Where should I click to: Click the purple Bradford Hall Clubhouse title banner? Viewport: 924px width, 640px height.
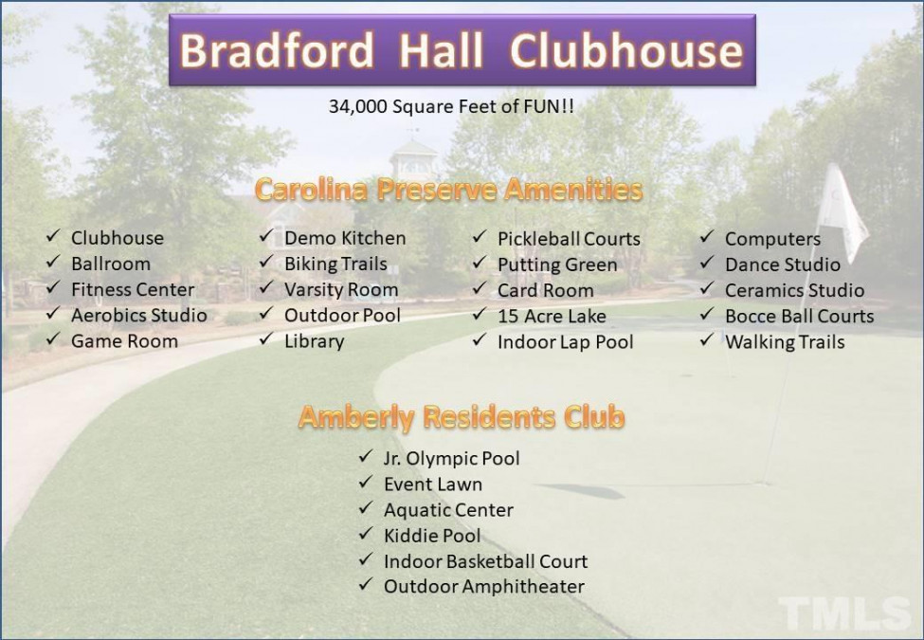(x=462, y=50)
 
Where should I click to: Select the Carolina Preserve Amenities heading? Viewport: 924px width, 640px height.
(x=449, y=190)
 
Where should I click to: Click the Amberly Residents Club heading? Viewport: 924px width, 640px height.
(x=462, y=416)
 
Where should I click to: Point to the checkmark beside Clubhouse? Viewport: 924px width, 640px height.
(x=54, y=236)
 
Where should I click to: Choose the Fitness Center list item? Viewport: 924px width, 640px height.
(x=133, y=289)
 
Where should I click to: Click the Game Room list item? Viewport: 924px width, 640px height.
(x=124, y=341)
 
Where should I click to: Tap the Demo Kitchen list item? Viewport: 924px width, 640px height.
(x=345, y=238)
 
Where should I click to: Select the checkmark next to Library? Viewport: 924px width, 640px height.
(x=266, y=338)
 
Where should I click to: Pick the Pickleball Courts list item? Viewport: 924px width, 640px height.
(x=569, y=239)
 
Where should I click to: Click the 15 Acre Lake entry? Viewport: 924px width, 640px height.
(x=552, y=317)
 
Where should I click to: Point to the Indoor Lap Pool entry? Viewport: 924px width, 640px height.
(x=565, y=342)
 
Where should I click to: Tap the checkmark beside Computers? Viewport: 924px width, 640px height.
(x=707, y=236)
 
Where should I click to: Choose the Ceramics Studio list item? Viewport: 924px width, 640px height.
(x=794, y=290)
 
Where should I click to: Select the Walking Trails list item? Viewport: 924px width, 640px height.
(x=785, y=342)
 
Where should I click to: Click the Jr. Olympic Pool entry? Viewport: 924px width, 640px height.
(x=451, y=459)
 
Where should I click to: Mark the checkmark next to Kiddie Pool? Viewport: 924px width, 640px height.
(x=366, y=533)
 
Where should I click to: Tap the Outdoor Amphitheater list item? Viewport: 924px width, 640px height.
(x=484, y=587)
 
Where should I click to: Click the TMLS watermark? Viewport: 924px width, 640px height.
(x=844, y=613)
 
